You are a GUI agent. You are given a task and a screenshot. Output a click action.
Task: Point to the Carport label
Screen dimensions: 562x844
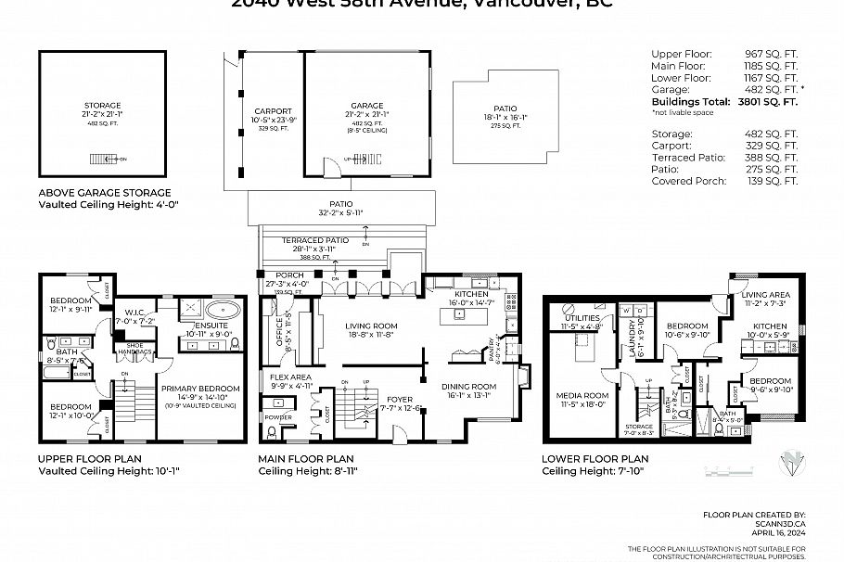coord(273,111)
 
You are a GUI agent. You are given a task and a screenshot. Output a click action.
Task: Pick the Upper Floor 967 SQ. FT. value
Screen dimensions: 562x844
coord(777,54)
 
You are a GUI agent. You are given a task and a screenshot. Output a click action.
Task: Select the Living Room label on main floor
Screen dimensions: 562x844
coord(371,326)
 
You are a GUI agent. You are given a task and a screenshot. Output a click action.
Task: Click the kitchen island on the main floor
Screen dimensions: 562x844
coord(456,314)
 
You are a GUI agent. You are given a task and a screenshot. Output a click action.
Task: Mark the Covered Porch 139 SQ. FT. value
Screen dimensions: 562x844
coord(777,182)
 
